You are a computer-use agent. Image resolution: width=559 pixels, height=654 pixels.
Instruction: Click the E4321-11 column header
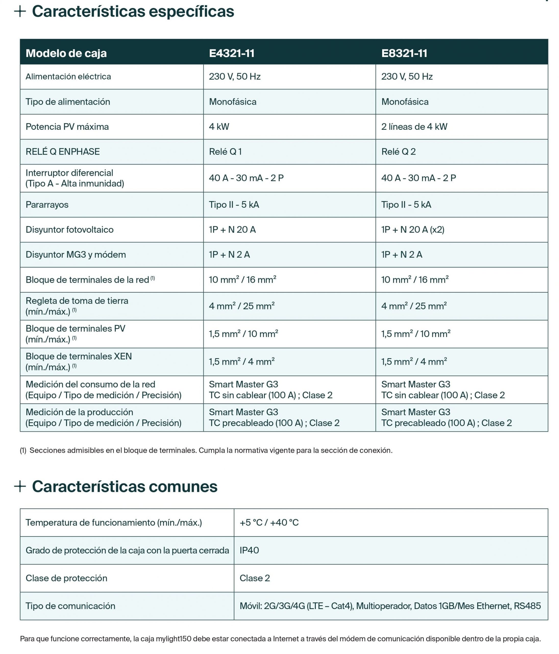coord(231,53)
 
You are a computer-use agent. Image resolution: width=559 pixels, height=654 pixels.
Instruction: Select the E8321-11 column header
coord(404,53)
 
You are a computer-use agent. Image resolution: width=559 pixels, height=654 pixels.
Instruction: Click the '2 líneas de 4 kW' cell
coord(414,126)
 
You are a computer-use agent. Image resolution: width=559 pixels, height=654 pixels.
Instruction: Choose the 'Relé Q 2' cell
coord(398,151)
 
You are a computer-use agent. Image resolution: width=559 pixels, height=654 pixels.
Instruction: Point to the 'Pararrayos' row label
coord(47,205)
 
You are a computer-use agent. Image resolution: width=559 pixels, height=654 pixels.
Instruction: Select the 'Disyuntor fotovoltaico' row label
coord(69,229)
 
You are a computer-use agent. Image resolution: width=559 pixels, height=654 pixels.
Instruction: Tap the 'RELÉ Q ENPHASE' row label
coord(63,151)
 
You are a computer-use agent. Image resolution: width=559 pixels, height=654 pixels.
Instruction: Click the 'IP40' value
coord(249,550)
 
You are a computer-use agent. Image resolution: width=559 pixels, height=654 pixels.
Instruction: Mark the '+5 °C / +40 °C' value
coord(269,522)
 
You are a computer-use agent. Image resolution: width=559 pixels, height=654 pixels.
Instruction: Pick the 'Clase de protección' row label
coord(66,578)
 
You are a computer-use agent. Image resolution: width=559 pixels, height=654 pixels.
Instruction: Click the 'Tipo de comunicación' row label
coord(70,606)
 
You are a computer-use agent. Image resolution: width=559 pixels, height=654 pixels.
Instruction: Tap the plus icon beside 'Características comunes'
coord(20,486)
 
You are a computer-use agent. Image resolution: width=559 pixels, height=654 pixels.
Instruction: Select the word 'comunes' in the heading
coord(183,486)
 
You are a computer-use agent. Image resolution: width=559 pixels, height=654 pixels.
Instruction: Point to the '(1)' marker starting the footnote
coord(23,450)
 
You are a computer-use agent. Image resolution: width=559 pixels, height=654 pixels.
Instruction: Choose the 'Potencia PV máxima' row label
coord(67,126)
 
